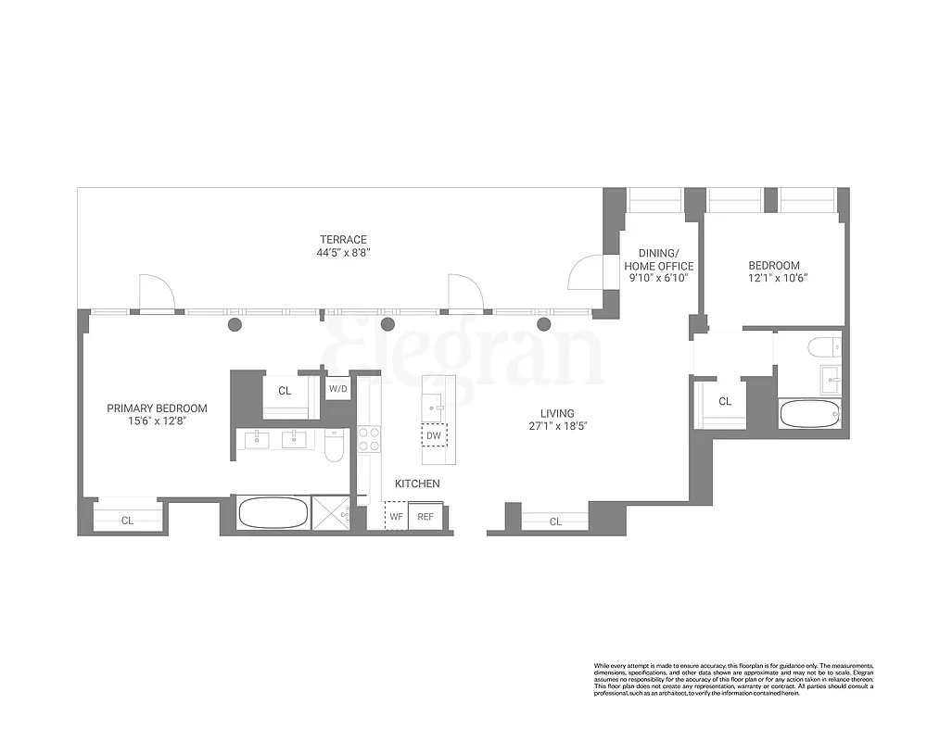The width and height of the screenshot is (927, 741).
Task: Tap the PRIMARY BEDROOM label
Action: [x=157, y=408]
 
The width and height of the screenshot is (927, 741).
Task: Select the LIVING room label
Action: [x=558, y=413]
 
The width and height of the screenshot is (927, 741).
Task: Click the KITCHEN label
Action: [x=417, y=484]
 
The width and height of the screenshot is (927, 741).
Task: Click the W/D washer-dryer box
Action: [x=337, y=389]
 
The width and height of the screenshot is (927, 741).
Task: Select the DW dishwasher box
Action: [x=434, y=435]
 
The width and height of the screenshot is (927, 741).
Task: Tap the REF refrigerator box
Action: [x=425, y=516]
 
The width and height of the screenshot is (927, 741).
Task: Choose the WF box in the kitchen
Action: [x=396, y=516]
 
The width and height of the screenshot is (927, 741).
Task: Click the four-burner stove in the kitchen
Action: [x=369, y=438]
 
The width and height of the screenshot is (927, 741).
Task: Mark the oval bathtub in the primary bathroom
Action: [x=274, y=512]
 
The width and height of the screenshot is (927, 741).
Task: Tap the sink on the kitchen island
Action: [x=433, y=404]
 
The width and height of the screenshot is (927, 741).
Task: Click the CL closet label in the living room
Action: [x=555, y=522]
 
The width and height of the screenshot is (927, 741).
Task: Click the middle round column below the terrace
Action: [x=388, y=324]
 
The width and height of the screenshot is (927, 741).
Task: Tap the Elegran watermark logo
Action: [x=463, y=352]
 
